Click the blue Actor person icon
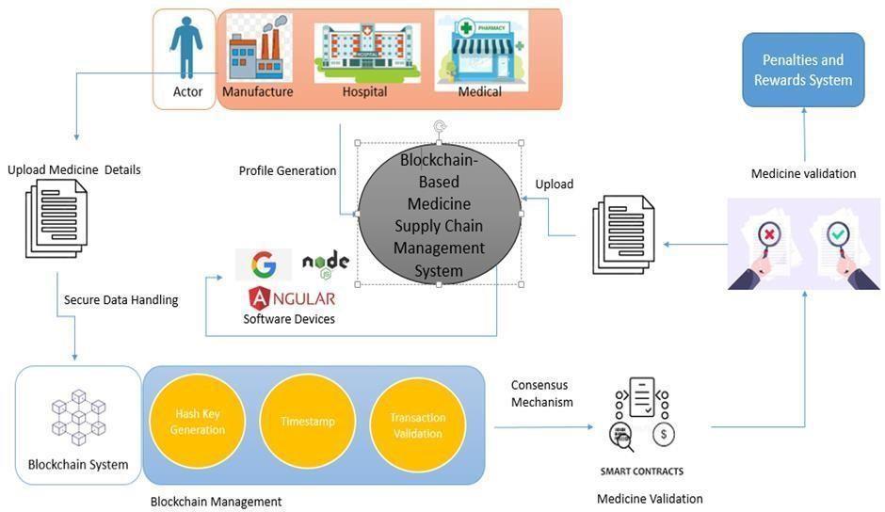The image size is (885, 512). pos(187,47)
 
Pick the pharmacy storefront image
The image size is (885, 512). pos(481,49)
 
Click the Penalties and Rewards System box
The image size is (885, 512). pos(803,70)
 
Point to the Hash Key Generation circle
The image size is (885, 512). pos(198,423)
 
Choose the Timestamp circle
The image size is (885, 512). pos(307,423)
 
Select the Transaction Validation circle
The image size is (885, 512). pos(417,424)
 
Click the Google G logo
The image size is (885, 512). pos(264,265)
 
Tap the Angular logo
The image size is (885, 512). pos(291,298)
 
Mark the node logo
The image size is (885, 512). pos(326,264)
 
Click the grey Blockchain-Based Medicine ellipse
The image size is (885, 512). pos(439,215)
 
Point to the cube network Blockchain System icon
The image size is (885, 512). pos(78,417)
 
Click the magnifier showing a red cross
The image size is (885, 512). pos(769,241)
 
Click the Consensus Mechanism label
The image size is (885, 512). pos(541,393)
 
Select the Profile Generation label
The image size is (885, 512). pos(287,171)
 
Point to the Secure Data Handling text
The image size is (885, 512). pos(121,300)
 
